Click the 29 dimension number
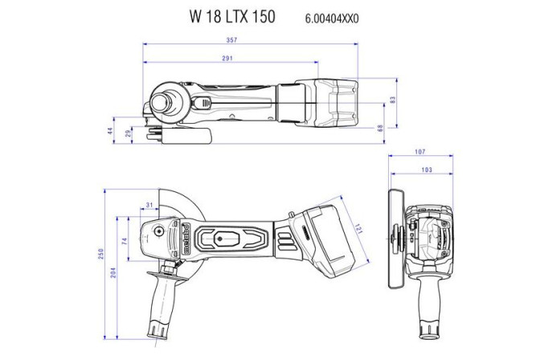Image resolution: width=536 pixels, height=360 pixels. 129,134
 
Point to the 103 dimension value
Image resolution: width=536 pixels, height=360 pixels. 427,170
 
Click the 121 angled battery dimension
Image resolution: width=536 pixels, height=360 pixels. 358,229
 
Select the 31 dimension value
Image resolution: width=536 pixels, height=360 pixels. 150,204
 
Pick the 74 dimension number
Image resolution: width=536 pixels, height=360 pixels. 125,241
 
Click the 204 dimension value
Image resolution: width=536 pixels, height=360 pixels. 113,272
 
